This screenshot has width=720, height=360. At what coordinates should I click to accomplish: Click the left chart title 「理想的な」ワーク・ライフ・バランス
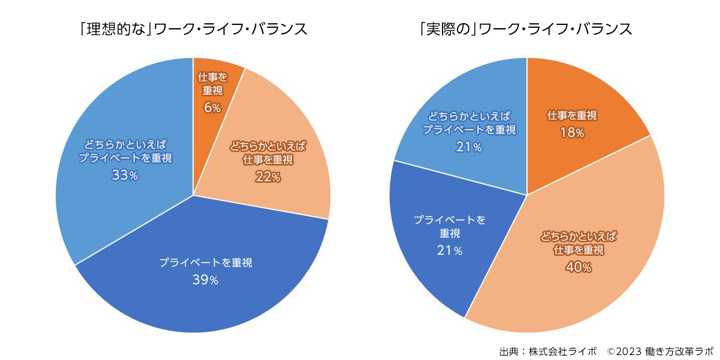(193, 29)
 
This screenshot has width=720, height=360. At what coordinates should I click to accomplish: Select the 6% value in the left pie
(212, 107)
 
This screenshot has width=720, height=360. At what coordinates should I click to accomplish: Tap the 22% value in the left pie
(268, 177)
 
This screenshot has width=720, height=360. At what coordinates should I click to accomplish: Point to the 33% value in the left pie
(125, 176)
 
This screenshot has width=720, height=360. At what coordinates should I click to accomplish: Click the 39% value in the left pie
(205, 280)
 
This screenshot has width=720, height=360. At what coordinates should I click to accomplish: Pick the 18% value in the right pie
(572, 133)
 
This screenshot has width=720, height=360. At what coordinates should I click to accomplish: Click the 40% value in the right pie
(578, 268)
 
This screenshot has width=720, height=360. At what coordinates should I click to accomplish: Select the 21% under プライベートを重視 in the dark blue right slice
(450, 250)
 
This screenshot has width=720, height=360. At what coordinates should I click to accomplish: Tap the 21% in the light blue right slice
(469, 147)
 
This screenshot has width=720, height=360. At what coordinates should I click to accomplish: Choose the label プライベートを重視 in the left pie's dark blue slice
(205, 263)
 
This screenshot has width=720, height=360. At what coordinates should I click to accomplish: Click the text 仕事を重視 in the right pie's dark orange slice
(572, 116)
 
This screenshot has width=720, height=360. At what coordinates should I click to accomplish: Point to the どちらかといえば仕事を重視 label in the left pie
(268, 153)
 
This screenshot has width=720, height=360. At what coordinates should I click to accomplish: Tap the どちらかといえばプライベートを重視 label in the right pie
(469, 123)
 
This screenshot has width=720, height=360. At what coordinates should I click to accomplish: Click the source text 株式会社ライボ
(563, 351)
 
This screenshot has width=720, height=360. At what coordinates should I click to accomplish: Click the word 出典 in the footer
(508, 351)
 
